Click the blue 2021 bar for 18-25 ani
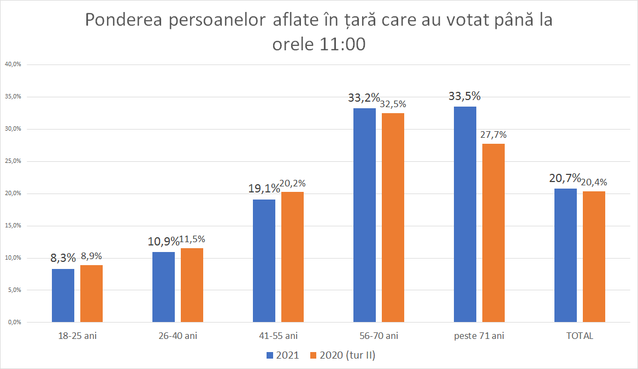63,295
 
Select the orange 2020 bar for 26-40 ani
192,285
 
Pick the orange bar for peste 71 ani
493,232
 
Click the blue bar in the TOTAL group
565,255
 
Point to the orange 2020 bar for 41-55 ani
292,257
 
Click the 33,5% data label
464,96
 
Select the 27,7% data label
493,134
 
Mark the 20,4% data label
594,182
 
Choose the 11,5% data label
192,239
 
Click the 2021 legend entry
282,355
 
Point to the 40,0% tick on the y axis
13,65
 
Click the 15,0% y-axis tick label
13,225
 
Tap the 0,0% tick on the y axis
14,322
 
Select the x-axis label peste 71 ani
479,336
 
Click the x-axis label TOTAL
580,336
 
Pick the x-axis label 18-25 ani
77,336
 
